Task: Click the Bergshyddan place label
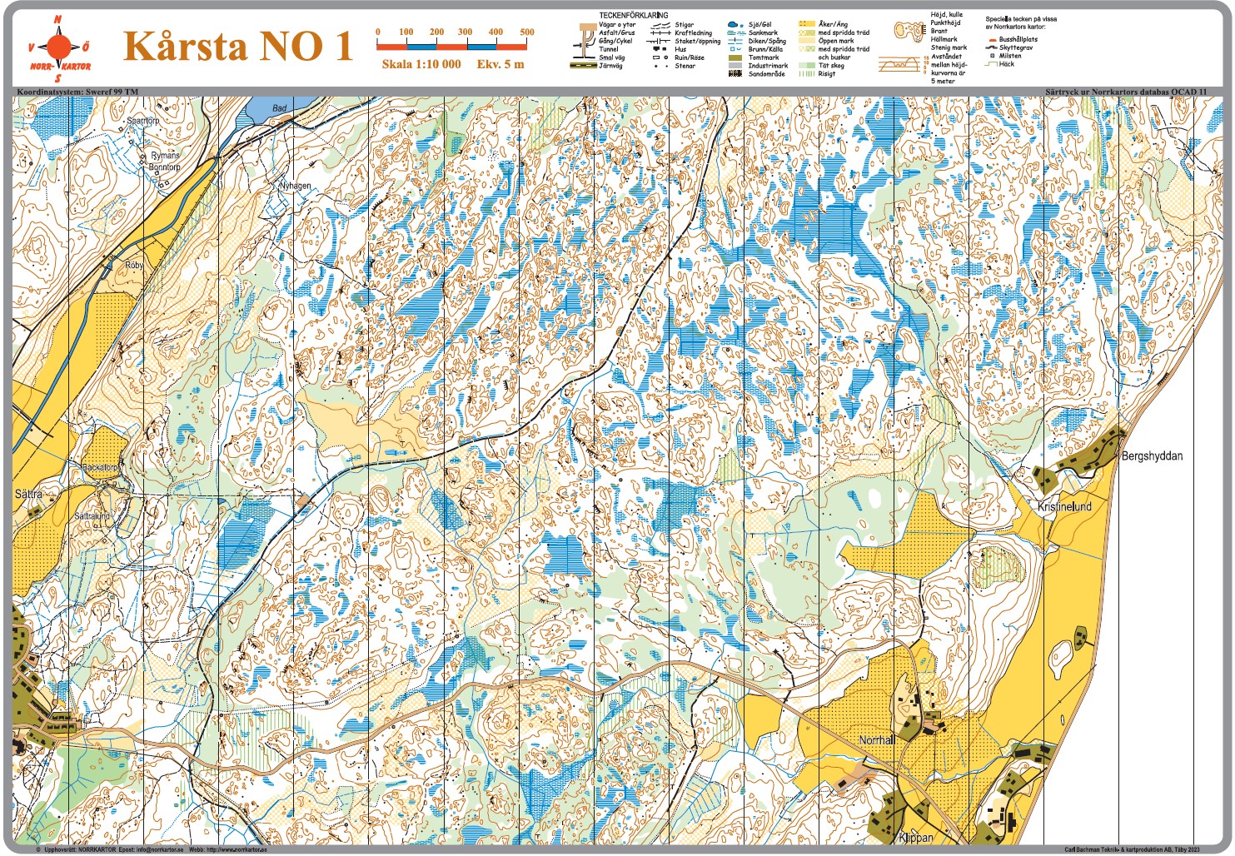[1152, 456]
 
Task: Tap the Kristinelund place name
[1063, 506]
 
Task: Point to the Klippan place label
[916, 838]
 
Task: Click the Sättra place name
[28, 494]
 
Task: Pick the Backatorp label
[100, 468]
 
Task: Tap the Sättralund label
[92, 516]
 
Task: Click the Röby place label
[134, 265]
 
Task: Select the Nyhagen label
[295, 186]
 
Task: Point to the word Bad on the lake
[280, 108]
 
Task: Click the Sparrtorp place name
[142, 121]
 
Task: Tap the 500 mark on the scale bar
[526, 32]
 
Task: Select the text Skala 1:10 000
[421, 64]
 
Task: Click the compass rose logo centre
[59, 45]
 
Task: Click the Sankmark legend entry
[762, 33]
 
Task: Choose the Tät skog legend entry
[830, 66]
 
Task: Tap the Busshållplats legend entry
[1018, 39]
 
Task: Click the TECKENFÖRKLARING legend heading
[633, 15]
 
